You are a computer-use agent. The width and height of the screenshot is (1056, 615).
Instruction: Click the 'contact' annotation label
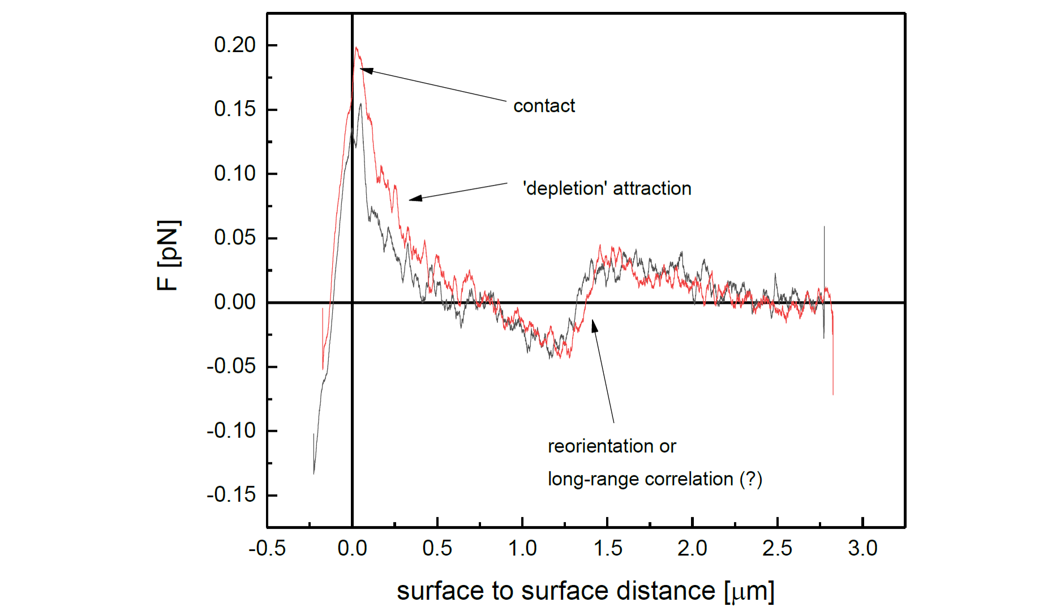[544, 106]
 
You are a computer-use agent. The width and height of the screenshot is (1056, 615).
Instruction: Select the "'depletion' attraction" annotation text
[607, 188]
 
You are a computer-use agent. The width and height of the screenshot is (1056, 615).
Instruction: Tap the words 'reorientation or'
[612, 446]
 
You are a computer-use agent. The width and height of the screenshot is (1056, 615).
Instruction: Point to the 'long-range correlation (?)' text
[655, 479]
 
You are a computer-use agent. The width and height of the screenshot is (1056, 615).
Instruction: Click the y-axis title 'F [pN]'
[168, 256]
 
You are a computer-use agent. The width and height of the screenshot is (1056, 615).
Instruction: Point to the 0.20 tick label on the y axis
[235, 45]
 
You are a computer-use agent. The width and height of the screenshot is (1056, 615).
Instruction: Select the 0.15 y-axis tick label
[235, 109]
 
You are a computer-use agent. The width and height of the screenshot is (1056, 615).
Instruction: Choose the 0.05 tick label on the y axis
[235, 238]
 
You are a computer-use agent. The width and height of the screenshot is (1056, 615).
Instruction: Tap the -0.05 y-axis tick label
[231, 367]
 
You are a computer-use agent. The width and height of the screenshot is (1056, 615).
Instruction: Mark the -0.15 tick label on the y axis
[231, 495]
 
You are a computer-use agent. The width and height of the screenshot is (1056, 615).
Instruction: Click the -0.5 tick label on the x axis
[267, 548]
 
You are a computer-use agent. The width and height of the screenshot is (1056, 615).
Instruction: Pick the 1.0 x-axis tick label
[522, 548]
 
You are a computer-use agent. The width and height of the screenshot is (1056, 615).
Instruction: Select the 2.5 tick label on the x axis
[778, 548]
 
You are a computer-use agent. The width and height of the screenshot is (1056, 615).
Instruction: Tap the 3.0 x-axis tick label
[862, 548]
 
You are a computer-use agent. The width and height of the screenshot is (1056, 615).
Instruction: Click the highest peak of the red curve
[356, 48]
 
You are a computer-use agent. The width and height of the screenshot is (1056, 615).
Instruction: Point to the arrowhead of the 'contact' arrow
[362, 70]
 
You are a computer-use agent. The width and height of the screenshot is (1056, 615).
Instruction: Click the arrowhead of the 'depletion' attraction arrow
[411, 199]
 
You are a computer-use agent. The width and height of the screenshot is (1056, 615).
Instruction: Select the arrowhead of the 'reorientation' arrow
[593, 322]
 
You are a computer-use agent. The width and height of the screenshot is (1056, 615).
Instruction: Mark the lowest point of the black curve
[314, 474]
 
